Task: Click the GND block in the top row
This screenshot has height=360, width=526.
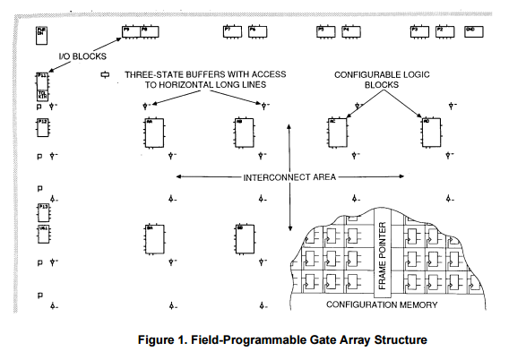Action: tap(470, 31)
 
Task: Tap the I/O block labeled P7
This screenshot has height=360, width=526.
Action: tap(230, 32)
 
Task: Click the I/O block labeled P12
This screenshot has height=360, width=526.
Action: tap(43, 130)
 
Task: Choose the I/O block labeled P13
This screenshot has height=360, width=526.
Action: tap(43, 211)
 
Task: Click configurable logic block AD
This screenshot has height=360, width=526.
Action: tap(430, 133)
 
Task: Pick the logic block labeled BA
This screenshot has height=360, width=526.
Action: tap(152, 238)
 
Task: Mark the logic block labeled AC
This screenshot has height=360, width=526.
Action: tap(337, 133)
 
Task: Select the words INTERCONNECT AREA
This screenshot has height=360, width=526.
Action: tap(289, 178)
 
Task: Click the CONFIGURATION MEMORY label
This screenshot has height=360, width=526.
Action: tap(382, 305)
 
